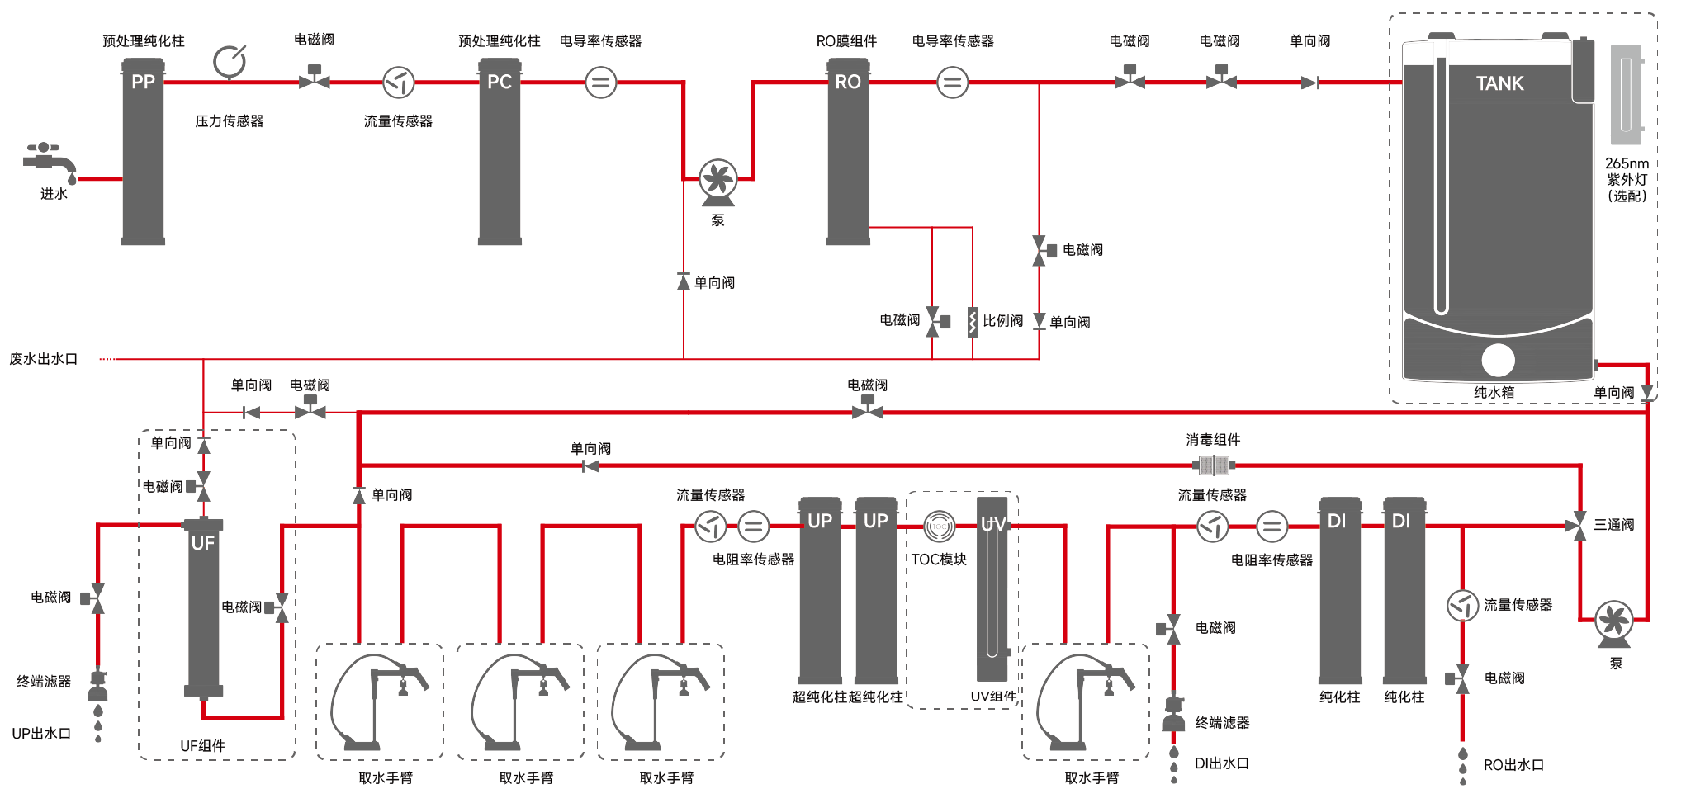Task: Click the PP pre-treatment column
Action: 143,153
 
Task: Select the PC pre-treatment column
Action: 500,153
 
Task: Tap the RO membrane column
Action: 848,153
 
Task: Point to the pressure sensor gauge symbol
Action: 230,61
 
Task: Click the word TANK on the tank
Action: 1499,83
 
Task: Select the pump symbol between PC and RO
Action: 717,181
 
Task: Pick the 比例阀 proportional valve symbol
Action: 973,322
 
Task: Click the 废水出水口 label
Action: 43,359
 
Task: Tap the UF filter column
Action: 203,607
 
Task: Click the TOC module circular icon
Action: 939,527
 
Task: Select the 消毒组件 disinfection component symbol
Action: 1214,465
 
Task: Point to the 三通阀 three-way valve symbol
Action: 1579,526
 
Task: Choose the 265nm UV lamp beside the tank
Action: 1627,95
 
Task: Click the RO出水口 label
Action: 1513,765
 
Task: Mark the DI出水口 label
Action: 1221,763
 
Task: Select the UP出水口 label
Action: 41,733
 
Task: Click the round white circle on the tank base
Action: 1498,360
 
